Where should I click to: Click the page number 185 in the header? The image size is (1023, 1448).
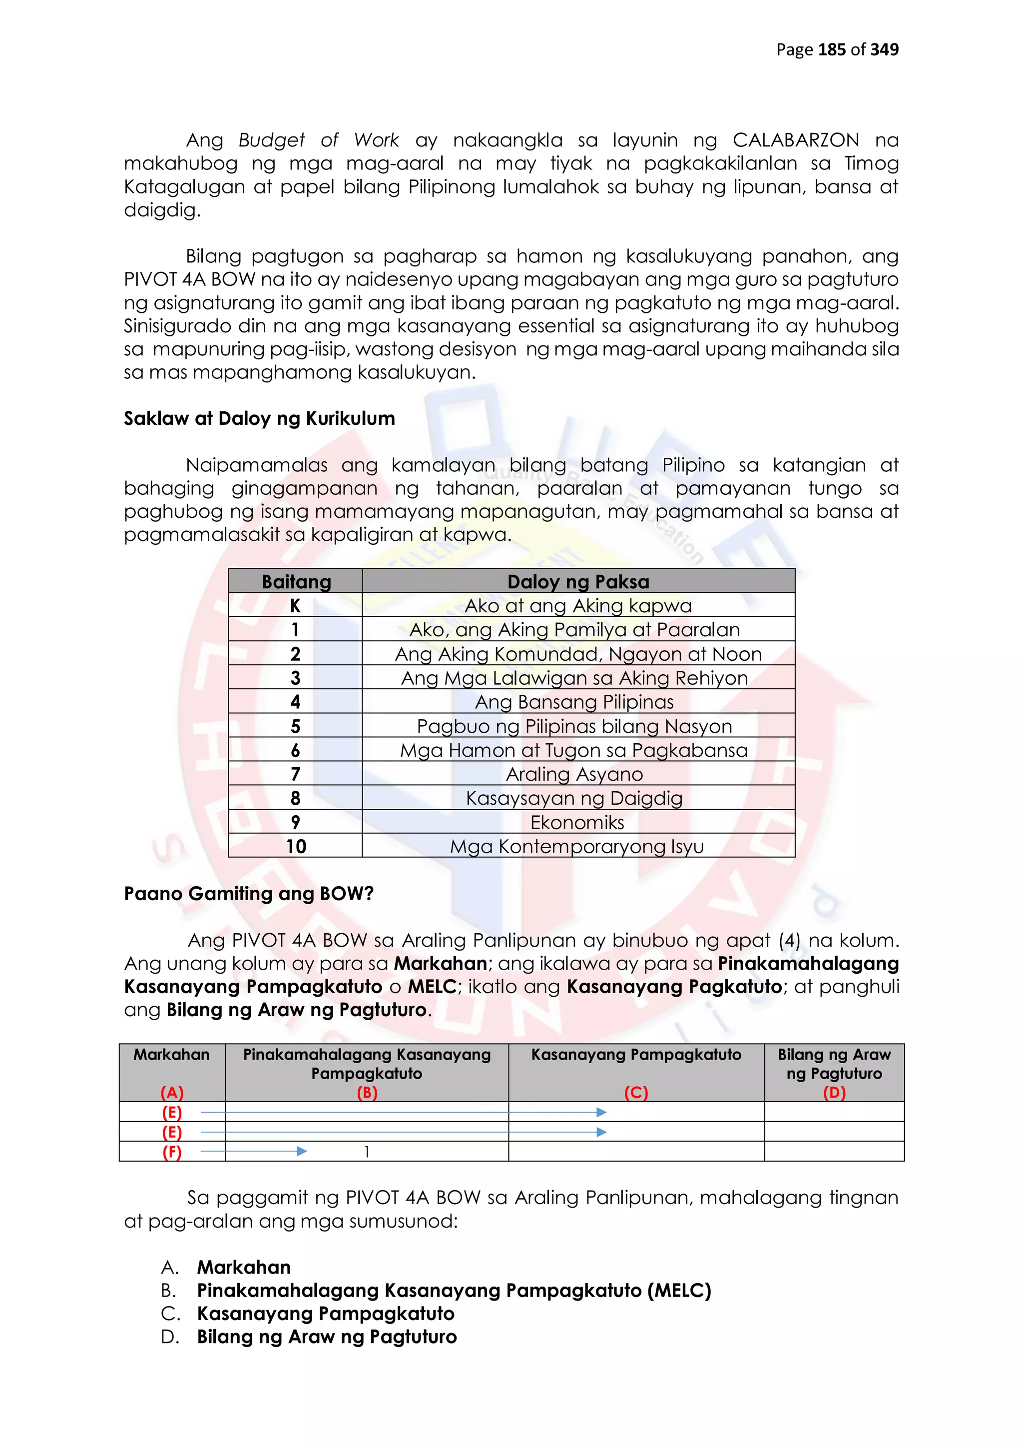click(x=831, y=50)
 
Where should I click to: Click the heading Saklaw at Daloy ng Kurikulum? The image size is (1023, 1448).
click(x=259, y=419)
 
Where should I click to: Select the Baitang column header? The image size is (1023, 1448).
click(x=296, y=581)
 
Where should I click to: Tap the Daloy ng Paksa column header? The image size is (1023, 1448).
click(x=578, y=581)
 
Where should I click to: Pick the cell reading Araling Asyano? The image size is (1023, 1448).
click(x=574, y=774)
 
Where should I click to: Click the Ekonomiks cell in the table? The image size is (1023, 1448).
click(x=577, y=822)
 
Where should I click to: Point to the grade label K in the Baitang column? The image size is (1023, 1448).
click(x=295, y=605)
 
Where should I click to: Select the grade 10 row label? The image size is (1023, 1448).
click(x=296, y=846)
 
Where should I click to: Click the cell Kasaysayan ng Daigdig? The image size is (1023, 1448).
click(x=574, y=798)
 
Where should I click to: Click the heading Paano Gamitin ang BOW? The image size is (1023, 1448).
click(x=249, y=894)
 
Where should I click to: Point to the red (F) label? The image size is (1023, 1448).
click(x=171, y=1152)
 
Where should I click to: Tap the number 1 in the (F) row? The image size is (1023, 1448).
click(x=367, y=1152)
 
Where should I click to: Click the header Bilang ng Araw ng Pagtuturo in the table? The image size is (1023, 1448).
click(x=834, y=1064)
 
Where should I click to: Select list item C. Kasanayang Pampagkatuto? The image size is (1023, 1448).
click(x=325, y=1314)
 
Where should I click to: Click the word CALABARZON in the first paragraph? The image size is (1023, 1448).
click(x=795, y=140)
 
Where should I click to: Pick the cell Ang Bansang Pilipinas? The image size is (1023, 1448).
click(x=574, y=702)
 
